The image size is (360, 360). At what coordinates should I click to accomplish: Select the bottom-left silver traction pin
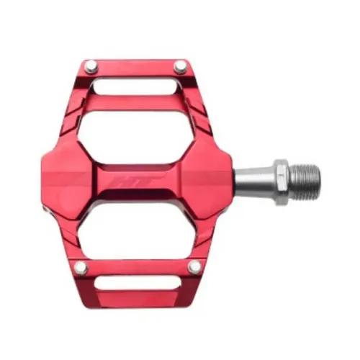81,268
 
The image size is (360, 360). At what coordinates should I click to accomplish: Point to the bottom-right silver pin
194,268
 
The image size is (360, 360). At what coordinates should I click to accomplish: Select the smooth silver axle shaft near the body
251,175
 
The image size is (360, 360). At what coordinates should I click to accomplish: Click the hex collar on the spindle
278,175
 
